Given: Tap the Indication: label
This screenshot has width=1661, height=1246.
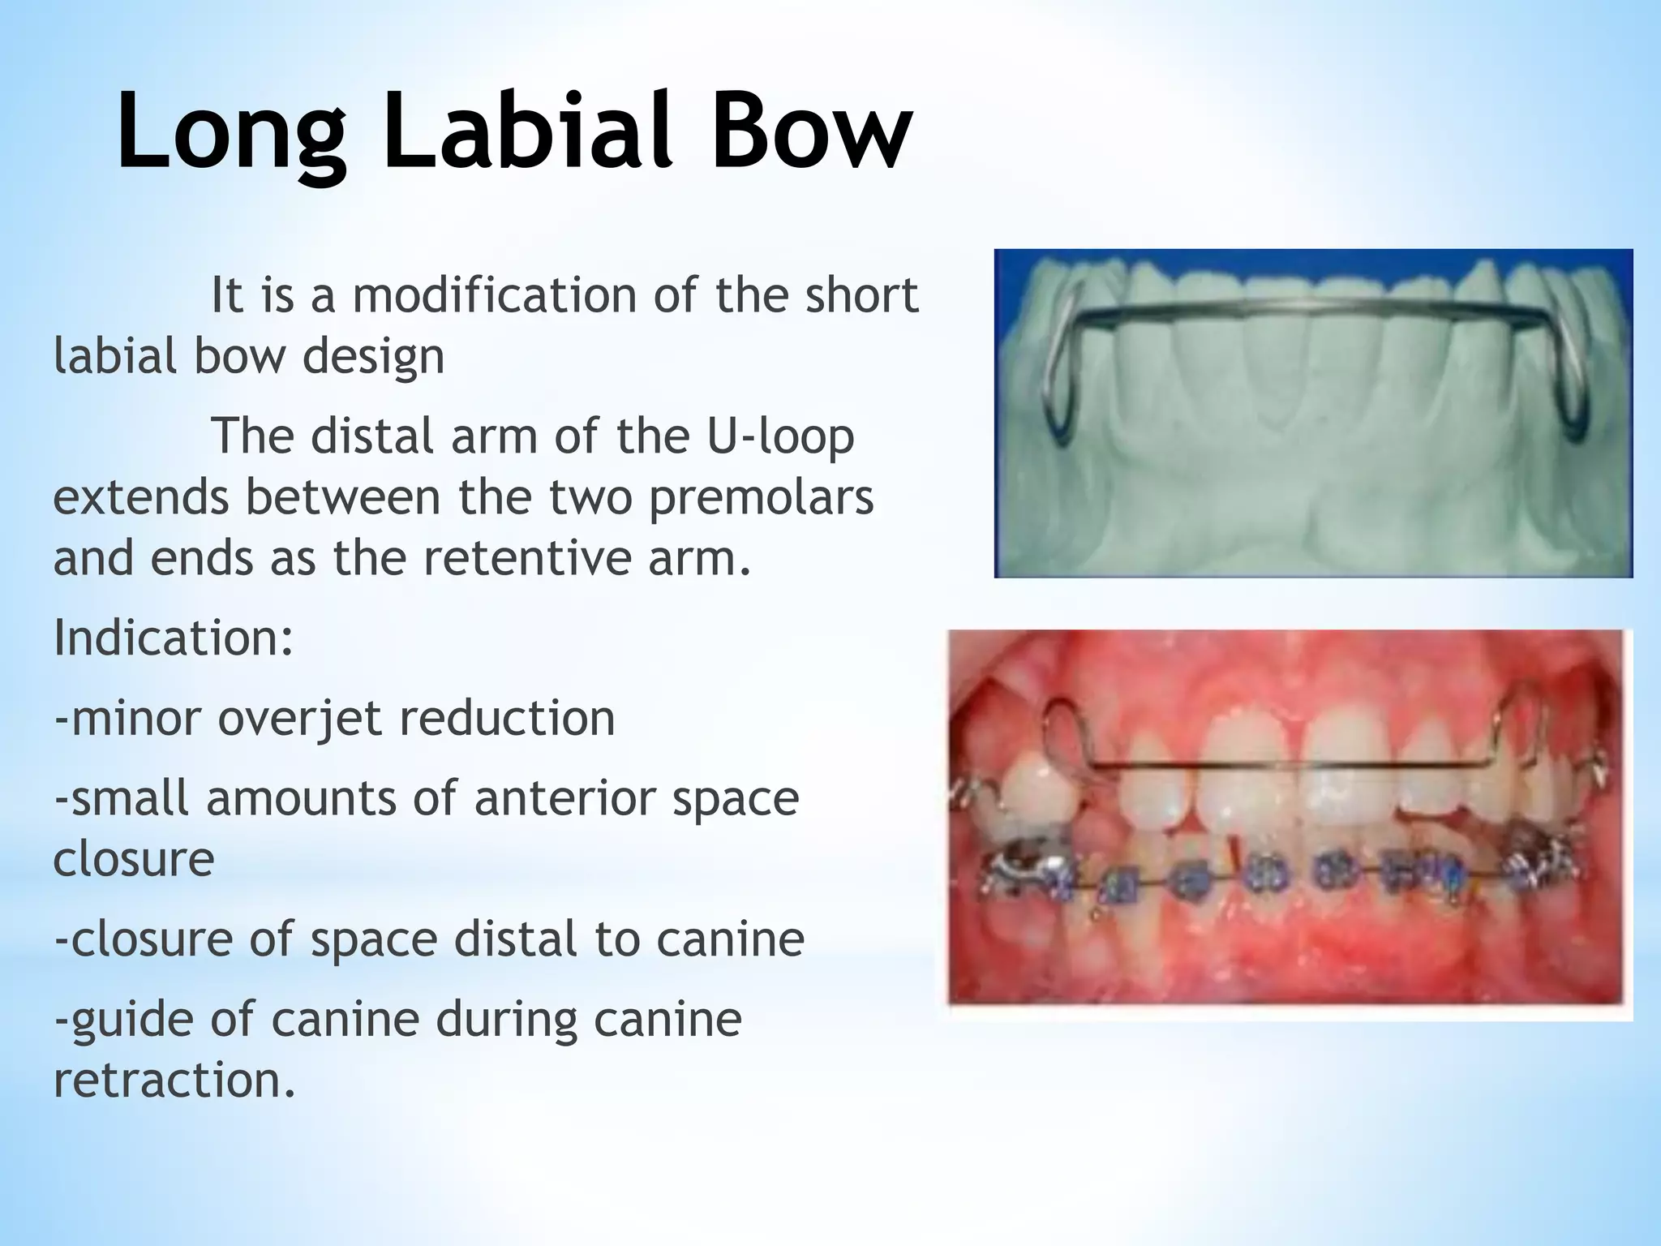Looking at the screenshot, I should coord(173,638).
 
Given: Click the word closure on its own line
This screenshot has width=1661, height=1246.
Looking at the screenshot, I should coord(134,859).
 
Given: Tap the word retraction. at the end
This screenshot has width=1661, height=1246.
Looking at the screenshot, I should coord(174,1081).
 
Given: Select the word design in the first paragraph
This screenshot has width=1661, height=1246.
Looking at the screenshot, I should coord(373,357).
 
